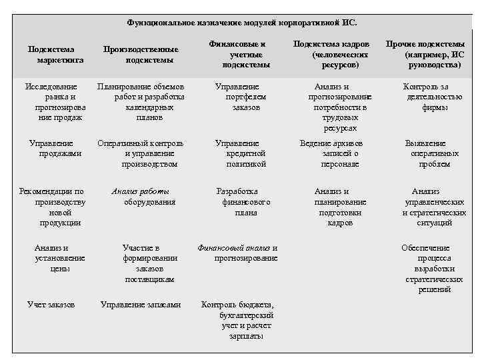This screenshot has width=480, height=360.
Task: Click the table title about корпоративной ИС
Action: point(241,23)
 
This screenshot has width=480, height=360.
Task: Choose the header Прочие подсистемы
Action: point(426,54)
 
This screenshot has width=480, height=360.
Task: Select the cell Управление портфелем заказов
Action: point(237,97)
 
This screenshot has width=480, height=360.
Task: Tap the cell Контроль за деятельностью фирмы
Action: point(426,97)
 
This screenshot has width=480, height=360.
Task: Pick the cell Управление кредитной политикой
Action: point(237,153)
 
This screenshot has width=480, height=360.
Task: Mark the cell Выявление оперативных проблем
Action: point(426,153)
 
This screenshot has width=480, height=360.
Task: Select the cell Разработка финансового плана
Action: point(237,202)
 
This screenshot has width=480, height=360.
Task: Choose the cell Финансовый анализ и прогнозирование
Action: point(237,253)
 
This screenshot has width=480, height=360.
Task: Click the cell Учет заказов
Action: point(51,305)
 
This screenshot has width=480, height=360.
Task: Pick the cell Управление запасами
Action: point(140,305)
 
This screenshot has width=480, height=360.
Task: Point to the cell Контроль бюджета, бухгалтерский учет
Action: point(237,321)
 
